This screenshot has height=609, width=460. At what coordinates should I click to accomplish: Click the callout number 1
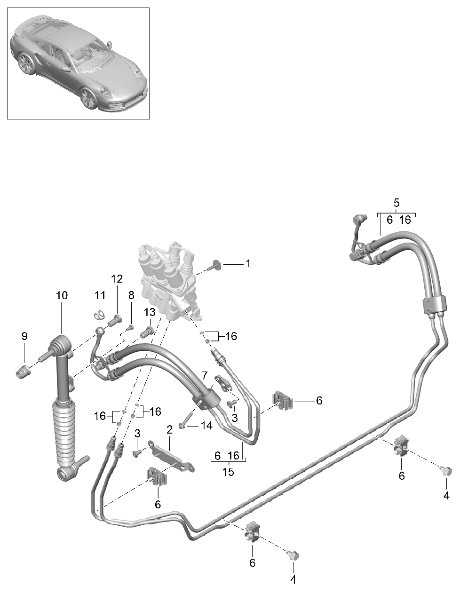248,264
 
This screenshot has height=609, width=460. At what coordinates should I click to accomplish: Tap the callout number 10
62,295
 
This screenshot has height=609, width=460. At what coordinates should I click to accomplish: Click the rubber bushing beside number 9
23,374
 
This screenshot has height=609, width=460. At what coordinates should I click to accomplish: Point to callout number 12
116,278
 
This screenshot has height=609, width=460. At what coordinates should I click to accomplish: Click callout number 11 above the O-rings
99,295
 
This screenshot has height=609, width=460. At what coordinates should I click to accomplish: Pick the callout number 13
150,312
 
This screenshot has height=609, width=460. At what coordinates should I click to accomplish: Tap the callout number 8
131,295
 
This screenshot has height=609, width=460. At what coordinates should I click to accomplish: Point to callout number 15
228,472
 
